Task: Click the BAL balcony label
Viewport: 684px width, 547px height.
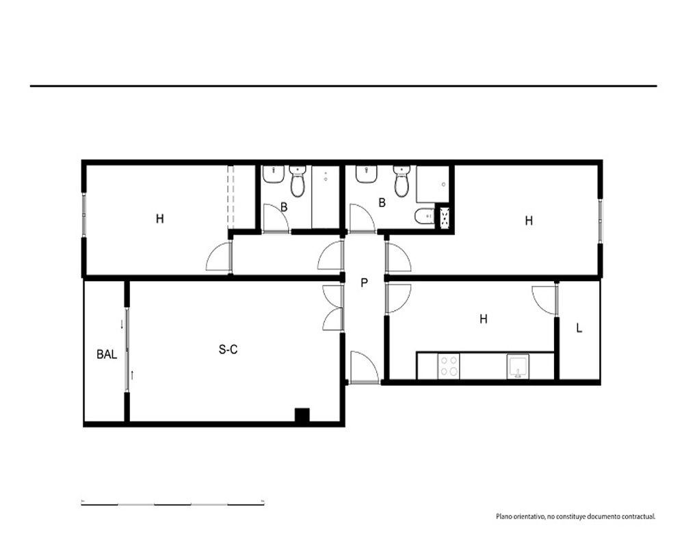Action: pos(107,355)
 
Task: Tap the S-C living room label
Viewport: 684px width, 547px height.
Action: pos(228,349)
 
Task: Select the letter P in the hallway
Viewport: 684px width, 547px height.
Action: pos(365,283)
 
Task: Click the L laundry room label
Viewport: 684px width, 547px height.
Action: pos(579,328)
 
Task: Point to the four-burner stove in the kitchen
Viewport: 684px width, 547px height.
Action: pos(449,366)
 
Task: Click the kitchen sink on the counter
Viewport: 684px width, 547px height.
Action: pos(518,366)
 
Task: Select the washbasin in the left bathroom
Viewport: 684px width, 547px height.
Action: pos(274,174)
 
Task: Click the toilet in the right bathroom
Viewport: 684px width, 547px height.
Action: pos(402,181)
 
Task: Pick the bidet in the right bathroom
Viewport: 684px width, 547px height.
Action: pos(423,216)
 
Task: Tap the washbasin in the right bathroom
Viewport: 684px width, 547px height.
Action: pos(367,174)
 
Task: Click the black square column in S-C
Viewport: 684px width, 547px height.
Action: pos(302,415)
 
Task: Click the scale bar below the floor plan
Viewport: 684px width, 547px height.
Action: pos(173,505)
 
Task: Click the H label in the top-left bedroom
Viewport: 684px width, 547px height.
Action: pos(160,219)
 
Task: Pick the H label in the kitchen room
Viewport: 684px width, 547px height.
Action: pos(484,319)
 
